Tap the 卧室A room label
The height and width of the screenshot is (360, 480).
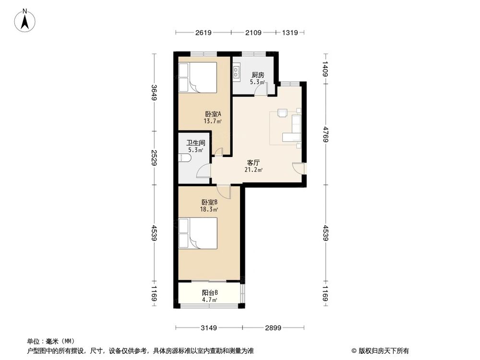click(x=212, y=114)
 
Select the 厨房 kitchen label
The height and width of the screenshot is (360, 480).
click(x=258, y=75)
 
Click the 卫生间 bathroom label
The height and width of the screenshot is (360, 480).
click(x=196, y=143)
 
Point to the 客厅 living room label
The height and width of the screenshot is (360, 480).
click(x=253, y=163)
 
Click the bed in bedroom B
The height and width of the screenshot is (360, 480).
click(x=198, y=233)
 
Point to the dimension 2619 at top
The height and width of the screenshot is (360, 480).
click(x=204, y=33)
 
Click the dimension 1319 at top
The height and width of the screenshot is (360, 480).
click(x=290, y=33)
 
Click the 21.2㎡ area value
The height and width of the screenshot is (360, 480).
click(x=253, y=170)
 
